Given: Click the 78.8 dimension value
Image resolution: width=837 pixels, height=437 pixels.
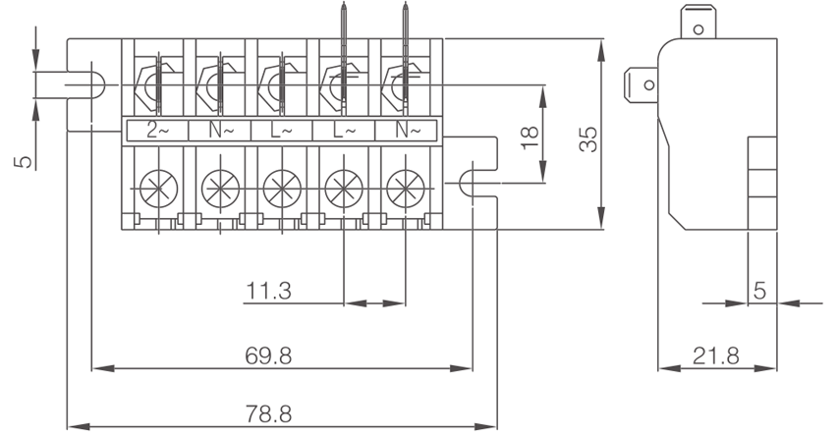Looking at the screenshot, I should point(268,414).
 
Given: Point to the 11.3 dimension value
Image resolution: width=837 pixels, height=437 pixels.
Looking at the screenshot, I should point(268,291).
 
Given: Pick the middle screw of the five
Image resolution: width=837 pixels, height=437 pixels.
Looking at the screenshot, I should point(282,187).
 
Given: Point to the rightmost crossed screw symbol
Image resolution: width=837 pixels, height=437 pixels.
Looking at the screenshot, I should point(405,187).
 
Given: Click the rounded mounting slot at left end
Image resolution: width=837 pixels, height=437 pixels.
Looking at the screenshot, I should point(86,83).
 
